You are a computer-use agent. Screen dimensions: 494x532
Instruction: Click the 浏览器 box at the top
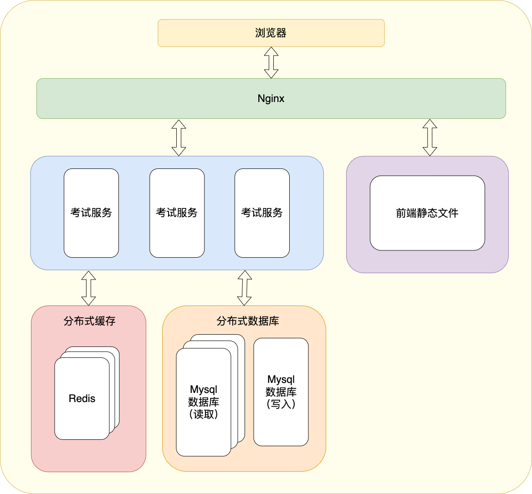(271, 33)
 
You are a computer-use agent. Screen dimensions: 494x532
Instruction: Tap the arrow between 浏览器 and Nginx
(271, 62)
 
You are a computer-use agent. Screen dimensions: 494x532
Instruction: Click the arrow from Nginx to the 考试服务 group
(179, 138)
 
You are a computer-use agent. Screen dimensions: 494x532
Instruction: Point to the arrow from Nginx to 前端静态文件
(430, 138)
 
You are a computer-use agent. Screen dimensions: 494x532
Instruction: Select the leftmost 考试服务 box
(91, 213)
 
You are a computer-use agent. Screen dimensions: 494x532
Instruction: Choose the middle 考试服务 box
(177, 213)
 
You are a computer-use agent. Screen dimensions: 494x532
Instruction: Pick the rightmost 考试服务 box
(262, 213)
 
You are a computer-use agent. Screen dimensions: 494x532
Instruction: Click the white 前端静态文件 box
(427, 213)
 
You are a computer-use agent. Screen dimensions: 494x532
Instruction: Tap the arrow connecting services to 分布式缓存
(88, 288)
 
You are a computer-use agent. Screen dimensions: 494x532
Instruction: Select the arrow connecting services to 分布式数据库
(245, 288)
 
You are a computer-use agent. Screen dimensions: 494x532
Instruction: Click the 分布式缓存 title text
(89, 321)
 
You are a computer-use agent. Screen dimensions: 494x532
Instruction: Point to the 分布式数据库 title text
(248, 321)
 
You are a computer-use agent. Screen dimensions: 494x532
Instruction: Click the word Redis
(82, 398)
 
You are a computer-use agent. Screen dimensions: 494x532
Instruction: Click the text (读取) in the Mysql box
(204, 414)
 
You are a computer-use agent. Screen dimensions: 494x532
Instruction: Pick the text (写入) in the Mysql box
(281, 404)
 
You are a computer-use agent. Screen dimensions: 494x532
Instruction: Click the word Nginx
(271, 99)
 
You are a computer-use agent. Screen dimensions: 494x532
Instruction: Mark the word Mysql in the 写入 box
(281, 379)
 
